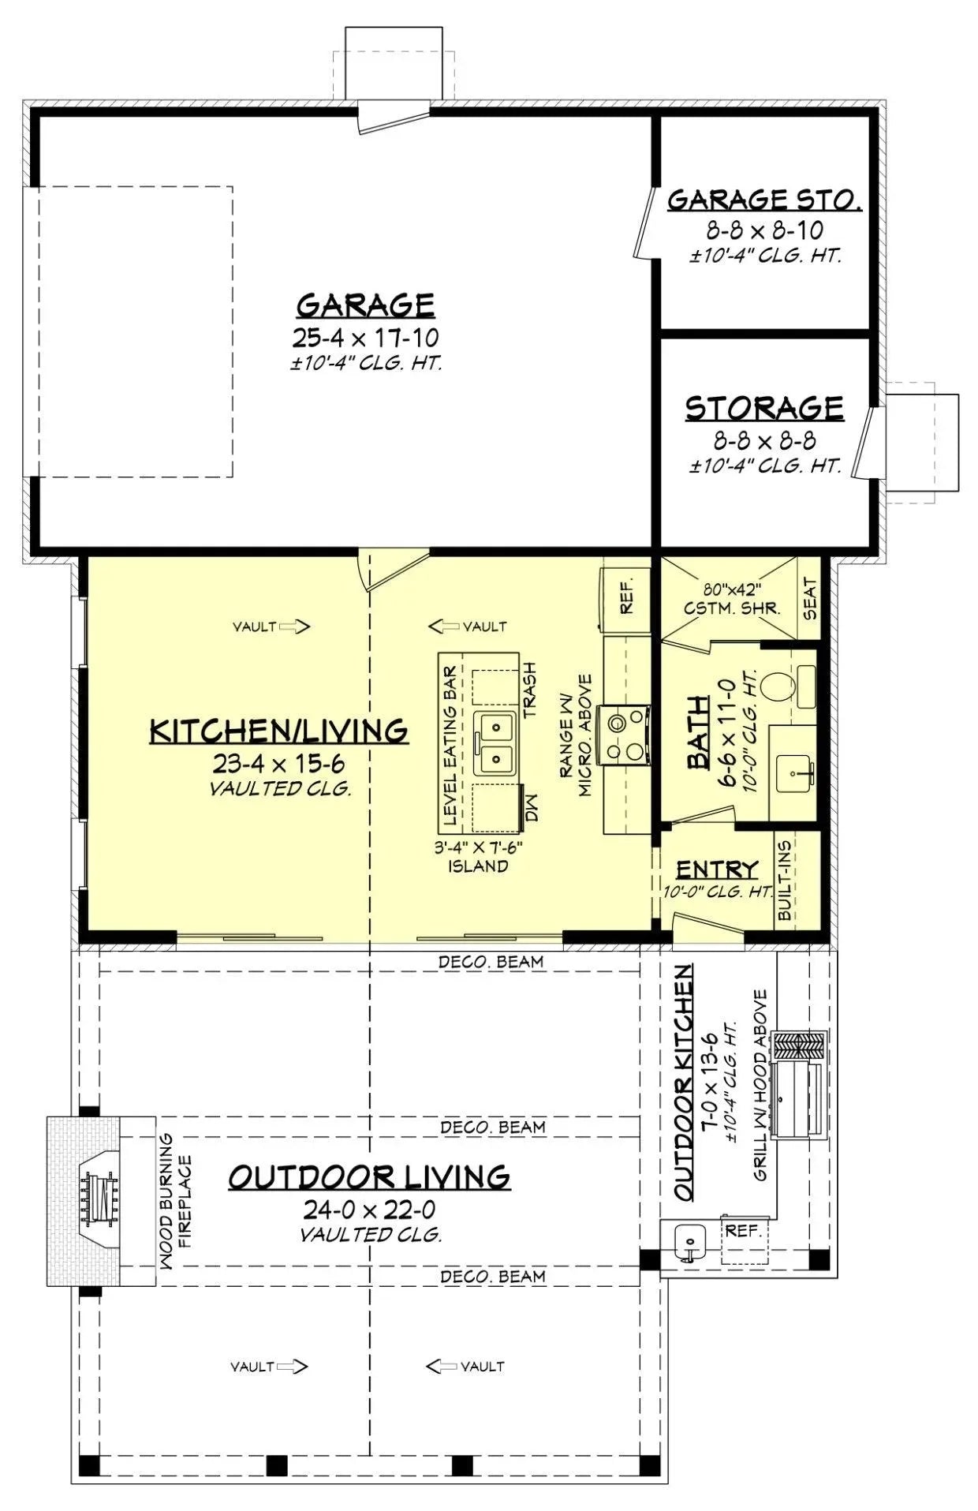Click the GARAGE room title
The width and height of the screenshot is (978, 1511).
pyautogui.click(x=365, y=305)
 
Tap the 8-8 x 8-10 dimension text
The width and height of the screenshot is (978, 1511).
pyautogui.click(x=763, y=230)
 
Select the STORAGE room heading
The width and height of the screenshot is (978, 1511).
pyautogui.click(x=763, y=408)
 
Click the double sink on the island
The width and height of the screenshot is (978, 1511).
pyautogui.click(x=495, y=743)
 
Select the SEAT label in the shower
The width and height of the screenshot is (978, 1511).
pyautogui.click(x=810, y=599)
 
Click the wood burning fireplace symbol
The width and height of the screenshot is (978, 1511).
pyautogui.click(x=98, y=1199)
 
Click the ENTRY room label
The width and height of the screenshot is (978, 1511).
pyautogui.click(x=717, y=869)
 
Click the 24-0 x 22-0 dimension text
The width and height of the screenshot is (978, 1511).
pyautogui.click(x=369, y=1210)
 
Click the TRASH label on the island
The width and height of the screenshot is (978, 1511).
pyautogui.click(x=530, y=690)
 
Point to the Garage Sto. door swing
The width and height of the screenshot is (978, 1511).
pyautogui.click(x=643, y=223)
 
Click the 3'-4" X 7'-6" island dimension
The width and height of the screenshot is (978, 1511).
pyautogui.click(x=479, y=847)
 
